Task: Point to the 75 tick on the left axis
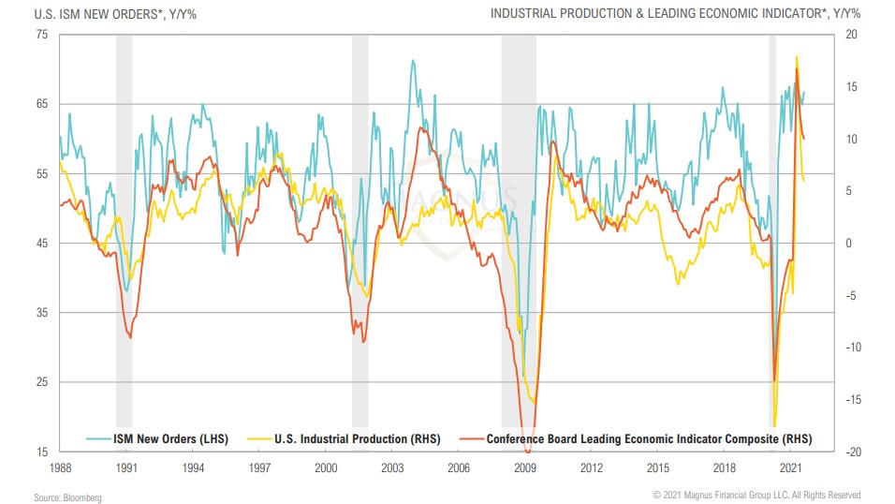coord(41,35)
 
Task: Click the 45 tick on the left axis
coord(41,244)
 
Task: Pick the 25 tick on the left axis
coord(41,382)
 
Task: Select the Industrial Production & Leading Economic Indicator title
coord(674,13)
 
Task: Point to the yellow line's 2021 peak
coord(797,57)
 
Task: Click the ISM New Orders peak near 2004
coord(412,61)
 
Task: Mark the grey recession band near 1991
coord(124,234)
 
